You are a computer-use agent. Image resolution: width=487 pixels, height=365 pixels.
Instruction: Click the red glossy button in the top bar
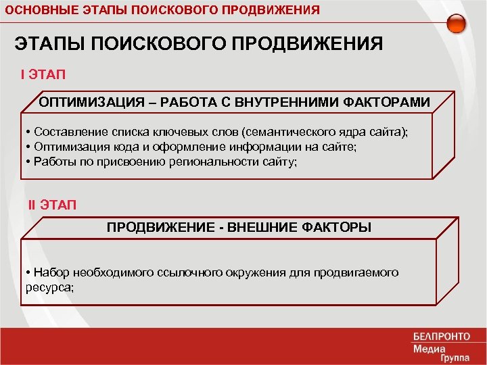click(457, 22)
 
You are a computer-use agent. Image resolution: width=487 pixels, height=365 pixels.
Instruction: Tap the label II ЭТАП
click(53, 204)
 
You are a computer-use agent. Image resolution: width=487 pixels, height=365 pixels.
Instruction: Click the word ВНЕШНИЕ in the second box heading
click(258, 227)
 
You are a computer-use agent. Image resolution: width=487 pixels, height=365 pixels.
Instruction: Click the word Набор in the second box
click(50, 272)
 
